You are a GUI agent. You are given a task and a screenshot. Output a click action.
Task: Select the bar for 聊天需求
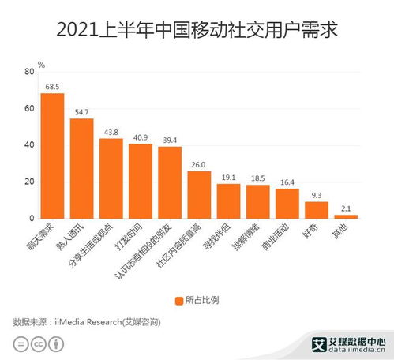pos(53,156)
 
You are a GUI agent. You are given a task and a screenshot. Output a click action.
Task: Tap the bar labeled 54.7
pos(82,168)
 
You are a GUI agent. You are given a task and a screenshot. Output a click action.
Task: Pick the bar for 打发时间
pos(141,181)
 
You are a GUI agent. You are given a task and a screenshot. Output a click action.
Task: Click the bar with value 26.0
pos(199,194)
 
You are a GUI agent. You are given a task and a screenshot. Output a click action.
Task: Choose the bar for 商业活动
pos(287,203)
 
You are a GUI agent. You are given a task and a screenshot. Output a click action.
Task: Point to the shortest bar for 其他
pos(345,216)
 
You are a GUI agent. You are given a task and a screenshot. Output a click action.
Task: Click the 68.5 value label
pos(53,86)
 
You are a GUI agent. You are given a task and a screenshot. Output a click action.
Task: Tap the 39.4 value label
pos(170,140)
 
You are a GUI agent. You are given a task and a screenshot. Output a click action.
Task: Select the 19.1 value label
pos(228,177)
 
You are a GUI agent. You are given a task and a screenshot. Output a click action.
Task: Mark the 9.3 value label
pos(316,195)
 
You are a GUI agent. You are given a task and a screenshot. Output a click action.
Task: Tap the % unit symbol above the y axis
pos(41,63)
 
